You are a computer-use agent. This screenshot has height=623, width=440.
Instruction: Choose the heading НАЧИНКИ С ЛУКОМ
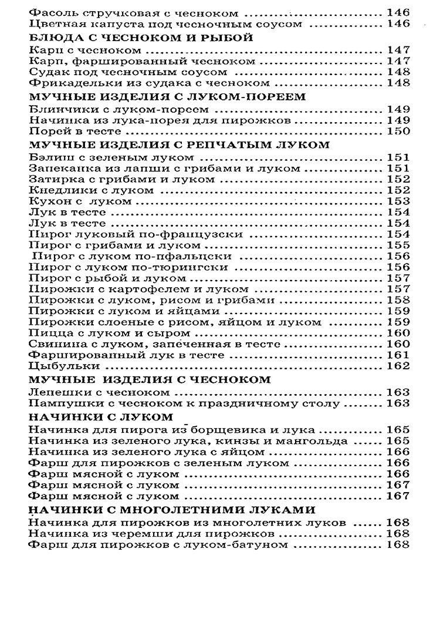tap(100, 416)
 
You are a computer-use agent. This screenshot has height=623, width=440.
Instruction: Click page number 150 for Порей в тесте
tap(398, 132)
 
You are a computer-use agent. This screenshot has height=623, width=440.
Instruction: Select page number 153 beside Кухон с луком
tap(398, 201)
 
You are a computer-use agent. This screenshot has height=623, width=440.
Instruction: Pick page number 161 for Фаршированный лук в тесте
tap(398, 355)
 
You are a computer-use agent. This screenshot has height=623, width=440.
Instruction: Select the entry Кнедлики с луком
tap(91, 190)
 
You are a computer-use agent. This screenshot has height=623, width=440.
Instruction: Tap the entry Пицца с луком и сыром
tap(96, 333)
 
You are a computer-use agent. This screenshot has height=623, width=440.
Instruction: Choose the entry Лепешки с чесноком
tap(99, 392)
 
